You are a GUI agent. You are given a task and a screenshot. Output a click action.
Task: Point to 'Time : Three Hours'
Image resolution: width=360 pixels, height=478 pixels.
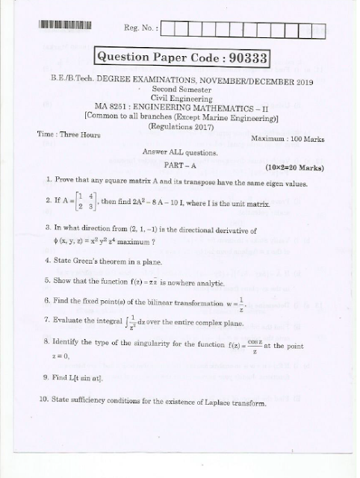[x=68, y=133]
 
